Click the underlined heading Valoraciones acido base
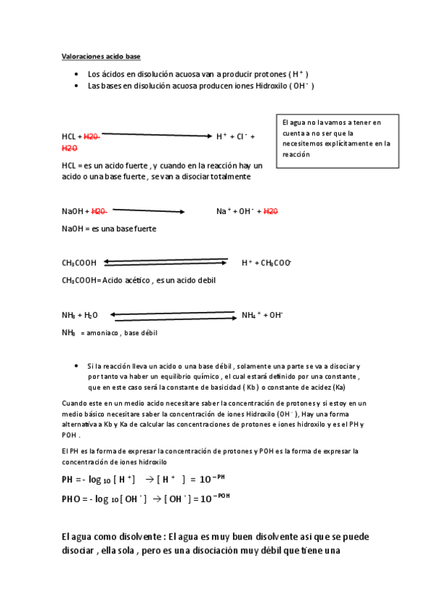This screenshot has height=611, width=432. pos(100,57)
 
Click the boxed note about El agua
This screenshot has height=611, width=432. pos(337,138)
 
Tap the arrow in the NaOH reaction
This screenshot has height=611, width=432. pos(149,211)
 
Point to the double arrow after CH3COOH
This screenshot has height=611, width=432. pos(165,262)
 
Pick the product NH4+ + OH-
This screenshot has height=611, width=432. pos(262,315)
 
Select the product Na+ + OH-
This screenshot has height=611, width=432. pos(236,211)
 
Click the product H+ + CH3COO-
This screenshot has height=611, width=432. pos(265,263)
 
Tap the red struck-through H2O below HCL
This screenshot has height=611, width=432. pos(69,148)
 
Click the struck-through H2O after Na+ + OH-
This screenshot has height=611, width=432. pos(270,211)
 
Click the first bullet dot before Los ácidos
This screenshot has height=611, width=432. pos(76,75)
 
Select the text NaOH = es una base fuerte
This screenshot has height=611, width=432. pos(109,228)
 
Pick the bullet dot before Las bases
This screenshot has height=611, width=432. pos(76,86)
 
